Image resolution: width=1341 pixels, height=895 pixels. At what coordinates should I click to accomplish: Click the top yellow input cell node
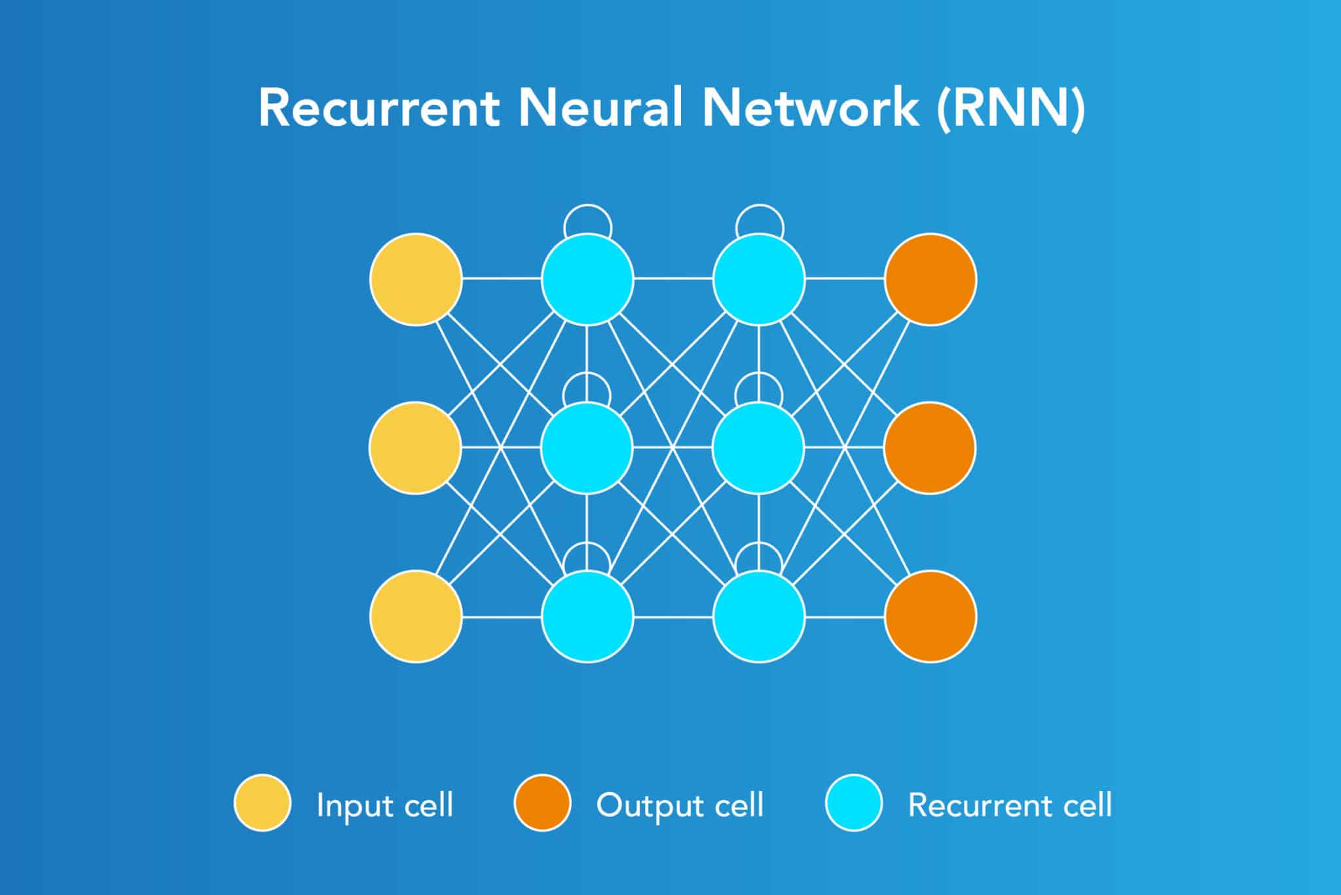point(416,279)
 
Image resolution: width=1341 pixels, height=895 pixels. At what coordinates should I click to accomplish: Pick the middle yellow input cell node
point(415,447)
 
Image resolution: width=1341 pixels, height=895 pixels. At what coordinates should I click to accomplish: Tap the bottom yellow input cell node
point(416,616)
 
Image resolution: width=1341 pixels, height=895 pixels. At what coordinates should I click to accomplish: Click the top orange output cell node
point(930,279)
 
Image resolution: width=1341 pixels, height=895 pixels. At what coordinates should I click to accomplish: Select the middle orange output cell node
point(930,447)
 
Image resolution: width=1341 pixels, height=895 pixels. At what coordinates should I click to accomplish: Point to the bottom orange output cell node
point(930,616)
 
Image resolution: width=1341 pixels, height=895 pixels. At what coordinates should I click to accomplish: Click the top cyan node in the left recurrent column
point(587,279)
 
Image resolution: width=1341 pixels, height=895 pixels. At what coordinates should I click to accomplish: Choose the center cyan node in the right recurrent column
point(758,447)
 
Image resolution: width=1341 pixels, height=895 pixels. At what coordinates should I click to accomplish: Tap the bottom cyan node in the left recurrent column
point(587,616)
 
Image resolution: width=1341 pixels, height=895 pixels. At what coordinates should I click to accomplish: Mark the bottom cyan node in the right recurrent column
point(759,616)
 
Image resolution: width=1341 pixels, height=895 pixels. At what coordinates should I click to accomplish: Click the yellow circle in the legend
point(263,803)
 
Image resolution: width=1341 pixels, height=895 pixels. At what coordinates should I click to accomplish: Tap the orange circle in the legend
point(542,803)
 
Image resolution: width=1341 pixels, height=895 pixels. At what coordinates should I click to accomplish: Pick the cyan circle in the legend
point(854,803)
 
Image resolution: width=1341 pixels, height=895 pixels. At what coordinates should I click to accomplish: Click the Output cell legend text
point(680,805)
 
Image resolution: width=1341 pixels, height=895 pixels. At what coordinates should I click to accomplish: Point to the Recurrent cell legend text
point(1010,805)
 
